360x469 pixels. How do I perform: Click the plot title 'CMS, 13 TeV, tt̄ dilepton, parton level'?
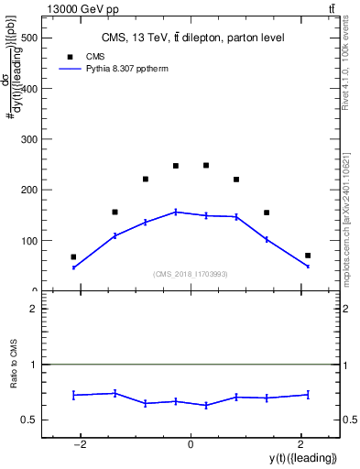click(x=191, y=38)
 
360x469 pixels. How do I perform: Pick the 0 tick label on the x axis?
click(x=191, y=445)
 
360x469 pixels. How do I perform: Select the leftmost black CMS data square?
click(x=73, y=257)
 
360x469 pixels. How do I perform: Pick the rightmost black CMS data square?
click(x=308, y=256)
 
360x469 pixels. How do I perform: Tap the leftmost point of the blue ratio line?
click(x=73, y=395)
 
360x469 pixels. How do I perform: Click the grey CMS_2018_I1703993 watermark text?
click(x=191, y=274)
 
